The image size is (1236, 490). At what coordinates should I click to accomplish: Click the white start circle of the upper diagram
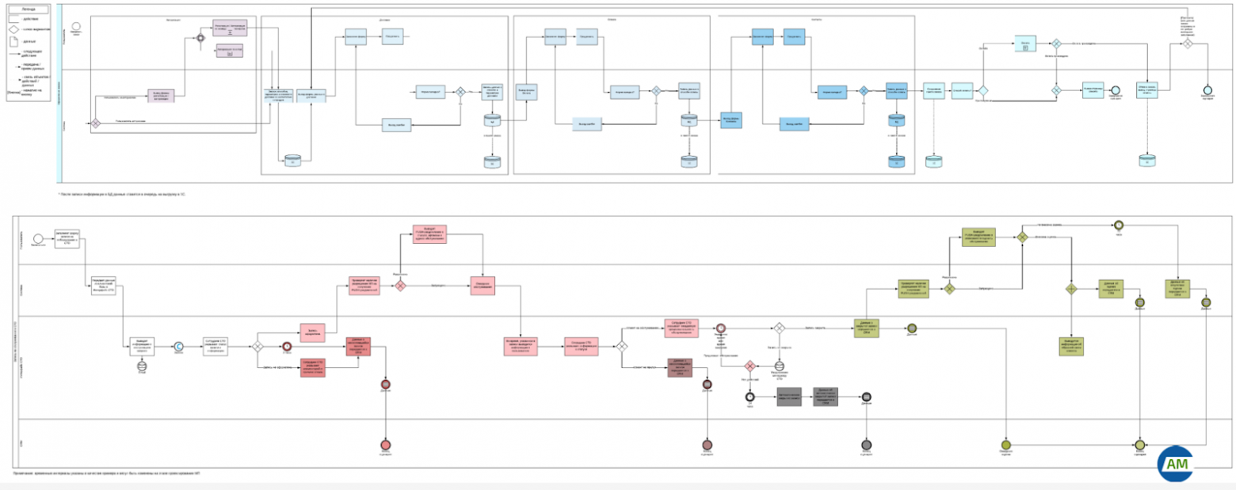pos(77,26)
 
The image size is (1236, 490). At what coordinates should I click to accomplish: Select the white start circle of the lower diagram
pos(36,238)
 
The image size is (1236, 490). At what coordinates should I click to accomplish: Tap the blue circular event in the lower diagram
pos(178,346)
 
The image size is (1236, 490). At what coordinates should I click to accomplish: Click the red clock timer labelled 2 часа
pos(288,346)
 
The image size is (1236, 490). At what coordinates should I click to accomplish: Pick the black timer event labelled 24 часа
pos(749,396)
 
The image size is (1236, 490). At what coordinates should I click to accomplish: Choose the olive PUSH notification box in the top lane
pos(978,237)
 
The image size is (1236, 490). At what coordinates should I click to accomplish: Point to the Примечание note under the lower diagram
pos(107,473)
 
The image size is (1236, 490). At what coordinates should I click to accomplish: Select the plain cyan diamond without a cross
pos(982,91)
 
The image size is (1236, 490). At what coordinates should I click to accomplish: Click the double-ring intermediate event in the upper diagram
pos(200,37)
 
